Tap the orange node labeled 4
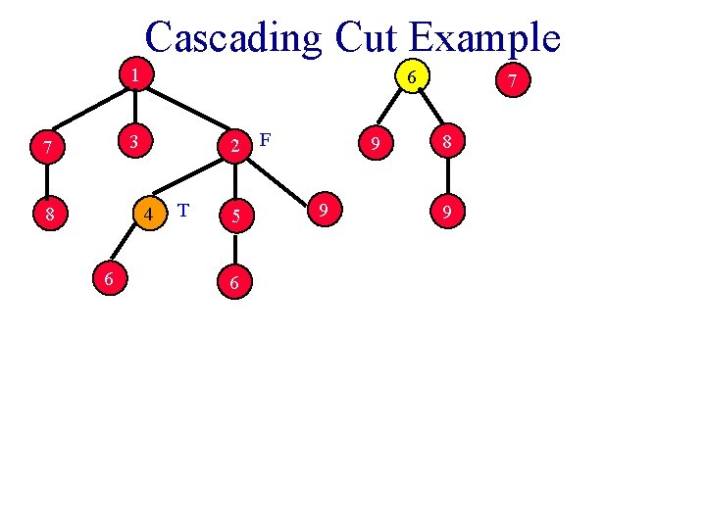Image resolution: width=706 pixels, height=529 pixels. pos(147,214)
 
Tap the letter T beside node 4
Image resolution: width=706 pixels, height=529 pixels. pos(182,209)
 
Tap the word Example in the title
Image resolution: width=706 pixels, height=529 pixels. pos(484,37)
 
